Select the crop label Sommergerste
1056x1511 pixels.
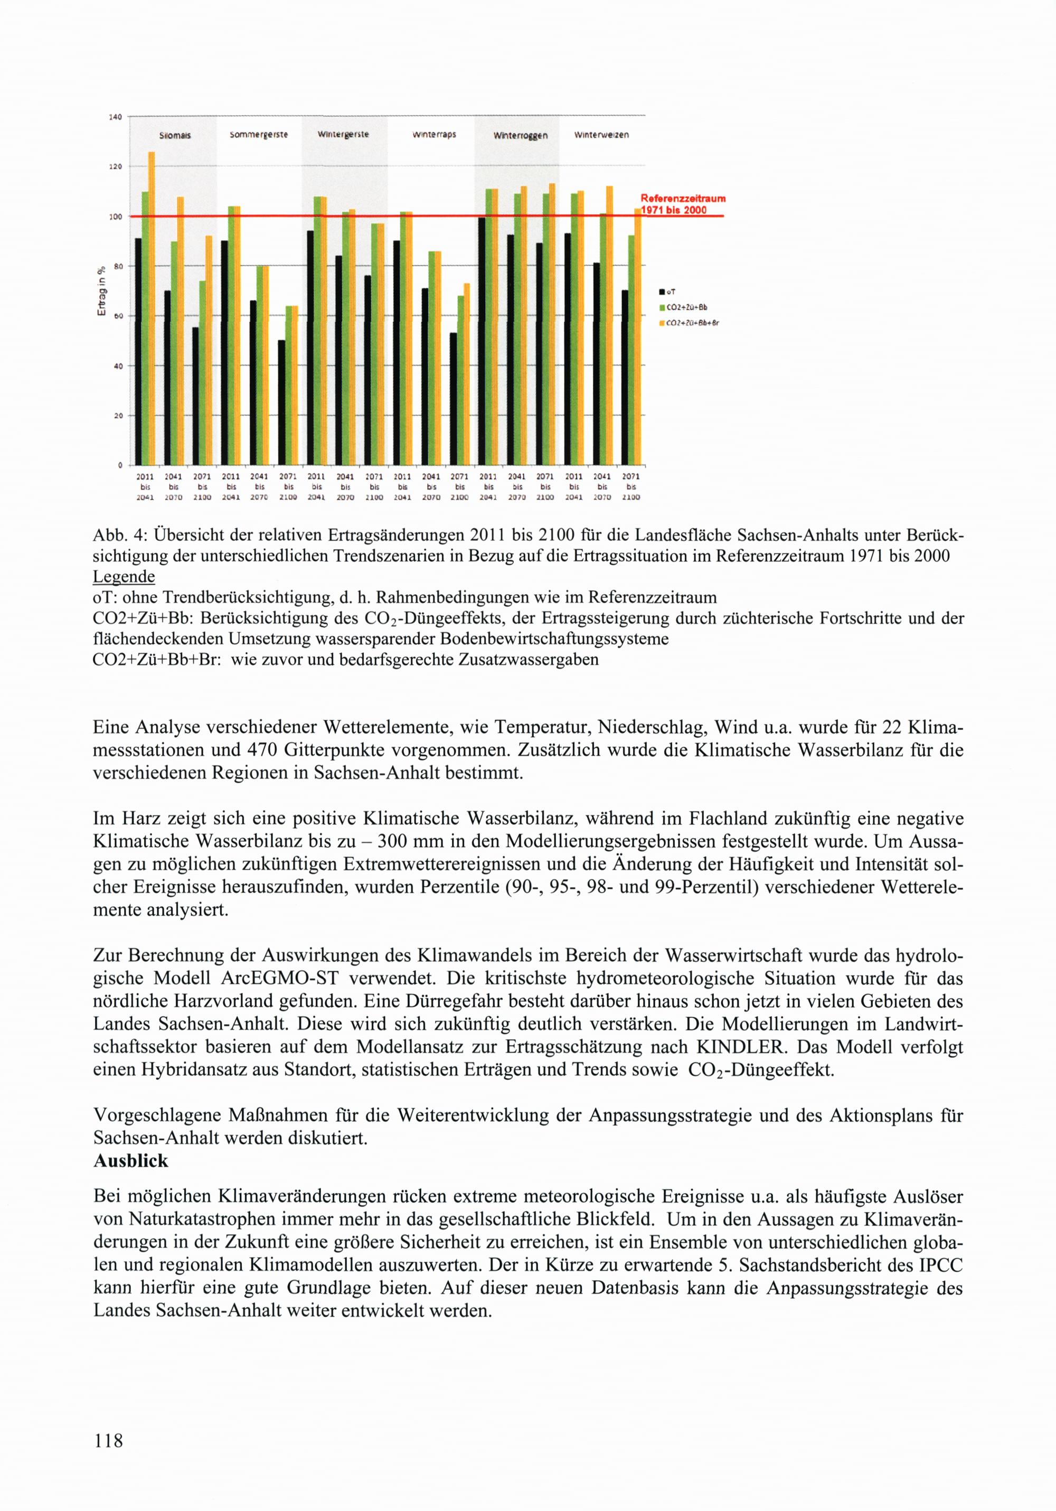pos(259,134)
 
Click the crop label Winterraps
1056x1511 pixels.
pos(434,134)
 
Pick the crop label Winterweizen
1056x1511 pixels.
pos(601,135)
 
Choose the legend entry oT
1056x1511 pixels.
pos(671,292)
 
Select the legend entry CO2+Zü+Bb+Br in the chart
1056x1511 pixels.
pos(691,323)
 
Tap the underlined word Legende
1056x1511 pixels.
pos(124,577)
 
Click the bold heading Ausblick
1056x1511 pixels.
pos(131,1161)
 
